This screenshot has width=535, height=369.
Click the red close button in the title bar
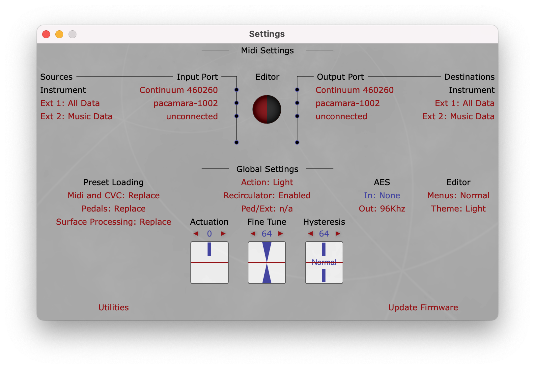coord(46,34)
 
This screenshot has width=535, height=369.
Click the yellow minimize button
coord(59,34)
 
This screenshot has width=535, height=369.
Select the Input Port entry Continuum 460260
coord(179,90)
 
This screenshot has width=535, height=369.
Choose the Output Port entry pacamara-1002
coord(348,103)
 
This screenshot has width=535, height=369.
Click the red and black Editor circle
coord(267,109)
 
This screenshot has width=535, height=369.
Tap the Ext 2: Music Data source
coord(76,116)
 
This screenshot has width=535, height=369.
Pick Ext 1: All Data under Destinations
coord(465,103)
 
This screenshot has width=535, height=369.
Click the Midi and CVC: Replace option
coord(114,195)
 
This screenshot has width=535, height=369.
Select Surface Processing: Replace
coord(114,222)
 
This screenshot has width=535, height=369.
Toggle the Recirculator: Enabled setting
coord(267,195)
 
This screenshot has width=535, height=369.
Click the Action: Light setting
coord(267,182)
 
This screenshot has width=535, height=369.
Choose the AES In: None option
coord(382,195)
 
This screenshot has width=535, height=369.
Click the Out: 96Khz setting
coord(382,209)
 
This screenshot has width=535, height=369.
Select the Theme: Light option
coord(458,209)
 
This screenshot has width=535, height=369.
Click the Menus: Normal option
coord(458,195)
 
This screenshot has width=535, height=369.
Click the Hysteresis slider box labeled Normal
coord(324,263)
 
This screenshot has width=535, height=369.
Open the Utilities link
coord(114,307)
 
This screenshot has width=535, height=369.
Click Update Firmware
coord(423,307)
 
